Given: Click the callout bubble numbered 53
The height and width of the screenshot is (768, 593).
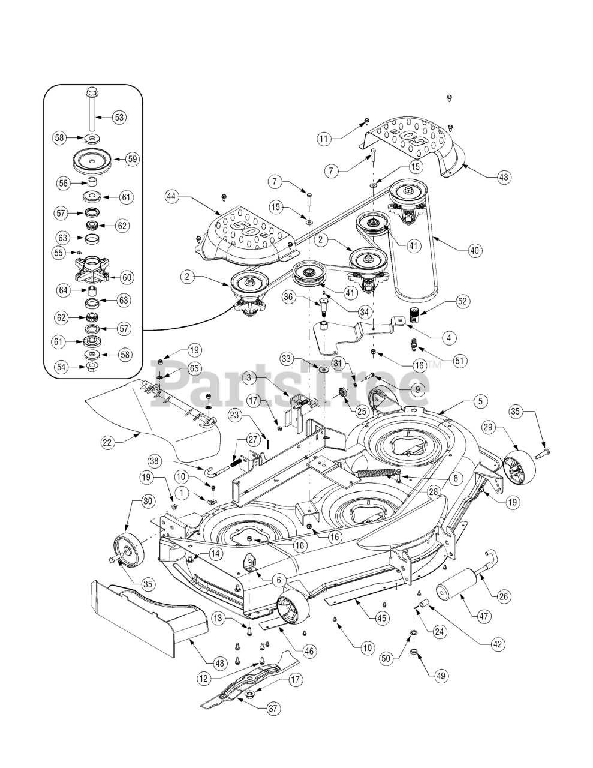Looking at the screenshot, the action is (x=119, y=116).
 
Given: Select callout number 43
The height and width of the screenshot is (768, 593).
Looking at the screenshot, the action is (x=504, y=177).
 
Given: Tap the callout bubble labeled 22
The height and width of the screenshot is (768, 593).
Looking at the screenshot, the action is (x=108, y=442).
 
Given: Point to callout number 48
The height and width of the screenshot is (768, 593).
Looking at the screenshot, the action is (x=219, y=662).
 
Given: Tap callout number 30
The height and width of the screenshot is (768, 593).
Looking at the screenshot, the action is (x=149, y=500).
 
